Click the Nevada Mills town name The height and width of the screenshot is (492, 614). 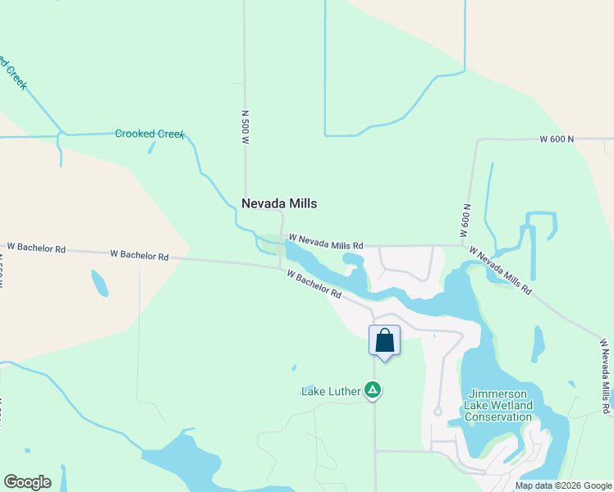pyautogui.click(x=279, y=203)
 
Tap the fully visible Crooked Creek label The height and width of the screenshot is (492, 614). pyautogui.click(x=149, y=134)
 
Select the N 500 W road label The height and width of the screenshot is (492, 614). pyautogui.click(x=245, y=127)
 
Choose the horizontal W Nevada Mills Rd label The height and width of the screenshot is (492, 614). pyautogui.click(x=325, y=244)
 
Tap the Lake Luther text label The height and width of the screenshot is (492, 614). pyautogui.click(x=331, y=391)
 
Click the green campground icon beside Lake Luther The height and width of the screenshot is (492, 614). pyautogui.click(x=373, y=390)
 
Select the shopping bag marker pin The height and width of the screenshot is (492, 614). pyautogui.click(x=384, y=341)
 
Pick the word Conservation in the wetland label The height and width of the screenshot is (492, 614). pyautogui.click(x=498, y=417)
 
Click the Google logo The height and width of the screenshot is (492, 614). pyautogui.click(x=27, y=482)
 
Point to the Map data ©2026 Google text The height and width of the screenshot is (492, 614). pyautogui.click(x=563, y=485)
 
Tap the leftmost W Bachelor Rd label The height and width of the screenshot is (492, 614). pyautogui.click(x=36, y=247)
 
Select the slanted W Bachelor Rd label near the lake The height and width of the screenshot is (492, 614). pyautogui.click(x=314, y=284)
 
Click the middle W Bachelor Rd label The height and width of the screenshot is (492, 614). pyautogui.click(x=139, y=255)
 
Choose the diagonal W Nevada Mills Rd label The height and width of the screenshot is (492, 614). pyautogui.click(x=500, y=270)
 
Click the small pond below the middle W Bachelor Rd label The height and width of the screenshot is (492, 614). pyautogui.click(x=99, y=283)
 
